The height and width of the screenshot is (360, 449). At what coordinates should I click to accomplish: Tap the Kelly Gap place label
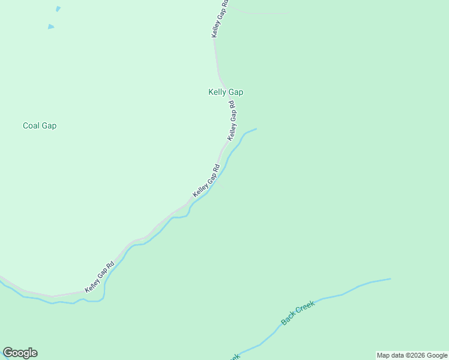(226, 92)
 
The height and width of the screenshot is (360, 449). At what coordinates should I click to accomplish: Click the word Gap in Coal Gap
(49, 126)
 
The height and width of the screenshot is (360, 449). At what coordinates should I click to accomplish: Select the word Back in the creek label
(289, 317)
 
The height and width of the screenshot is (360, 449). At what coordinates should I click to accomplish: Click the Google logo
(20, 353)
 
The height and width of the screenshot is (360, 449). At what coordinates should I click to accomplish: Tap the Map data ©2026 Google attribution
(412, 355)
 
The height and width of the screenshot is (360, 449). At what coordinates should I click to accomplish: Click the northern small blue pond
(58, 9)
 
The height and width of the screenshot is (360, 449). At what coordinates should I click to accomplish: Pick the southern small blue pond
(51, 26)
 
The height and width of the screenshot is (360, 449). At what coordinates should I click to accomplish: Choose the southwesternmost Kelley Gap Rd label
(100, 278)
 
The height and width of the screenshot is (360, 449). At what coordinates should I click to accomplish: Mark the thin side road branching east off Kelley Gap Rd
(264, 13)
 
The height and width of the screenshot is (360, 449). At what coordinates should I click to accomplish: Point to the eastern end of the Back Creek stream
(390, 279)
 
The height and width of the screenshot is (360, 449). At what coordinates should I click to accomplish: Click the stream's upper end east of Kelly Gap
(255, 129)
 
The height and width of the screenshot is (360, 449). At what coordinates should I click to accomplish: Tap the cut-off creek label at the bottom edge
(234, 356)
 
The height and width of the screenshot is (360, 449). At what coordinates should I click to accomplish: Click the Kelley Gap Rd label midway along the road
(206, 181)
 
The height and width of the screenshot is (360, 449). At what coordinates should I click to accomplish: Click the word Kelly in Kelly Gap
(217, 92)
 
